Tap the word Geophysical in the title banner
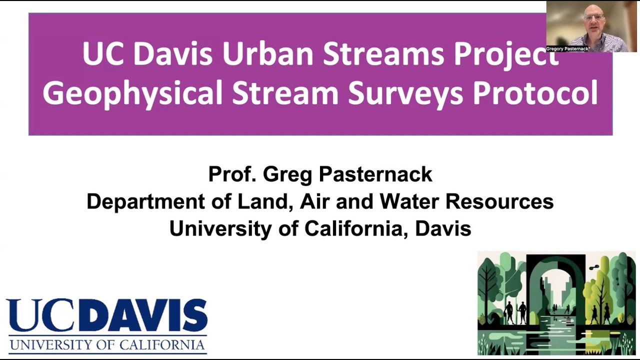pos(132,92)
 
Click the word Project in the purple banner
pos(505,53)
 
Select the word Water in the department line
pos(409,201)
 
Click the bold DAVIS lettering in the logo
pos(150,316)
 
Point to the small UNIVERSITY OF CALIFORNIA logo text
pos(107,345)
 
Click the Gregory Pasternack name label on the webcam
pos(568,49)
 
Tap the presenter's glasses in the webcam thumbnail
pos(593,17)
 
